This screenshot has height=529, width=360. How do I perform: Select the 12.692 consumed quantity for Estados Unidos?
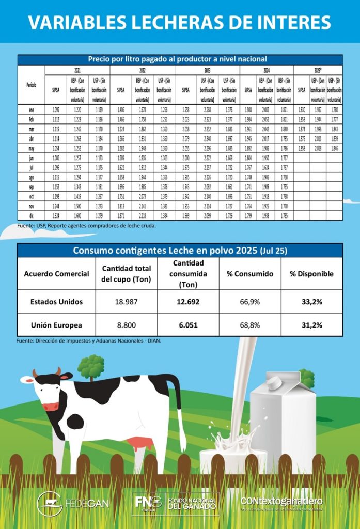pos(187,302)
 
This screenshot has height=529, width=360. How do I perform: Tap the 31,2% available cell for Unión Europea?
pos(312,325)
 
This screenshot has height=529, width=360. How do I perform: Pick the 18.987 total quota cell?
pos(127,302)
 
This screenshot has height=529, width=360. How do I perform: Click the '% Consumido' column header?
pos(251,274)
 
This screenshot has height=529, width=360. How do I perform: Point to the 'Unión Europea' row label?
pos(56,325)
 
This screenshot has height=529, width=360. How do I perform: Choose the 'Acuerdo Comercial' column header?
pos(56,274)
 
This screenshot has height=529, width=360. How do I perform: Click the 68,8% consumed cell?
pos(251,325)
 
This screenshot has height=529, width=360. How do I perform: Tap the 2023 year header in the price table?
pos(207,70)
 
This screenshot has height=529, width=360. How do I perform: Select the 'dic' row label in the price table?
pos(32,214)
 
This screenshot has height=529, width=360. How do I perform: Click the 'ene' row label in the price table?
pos(32,110)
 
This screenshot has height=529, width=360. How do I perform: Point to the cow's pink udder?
pos(137,443)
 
